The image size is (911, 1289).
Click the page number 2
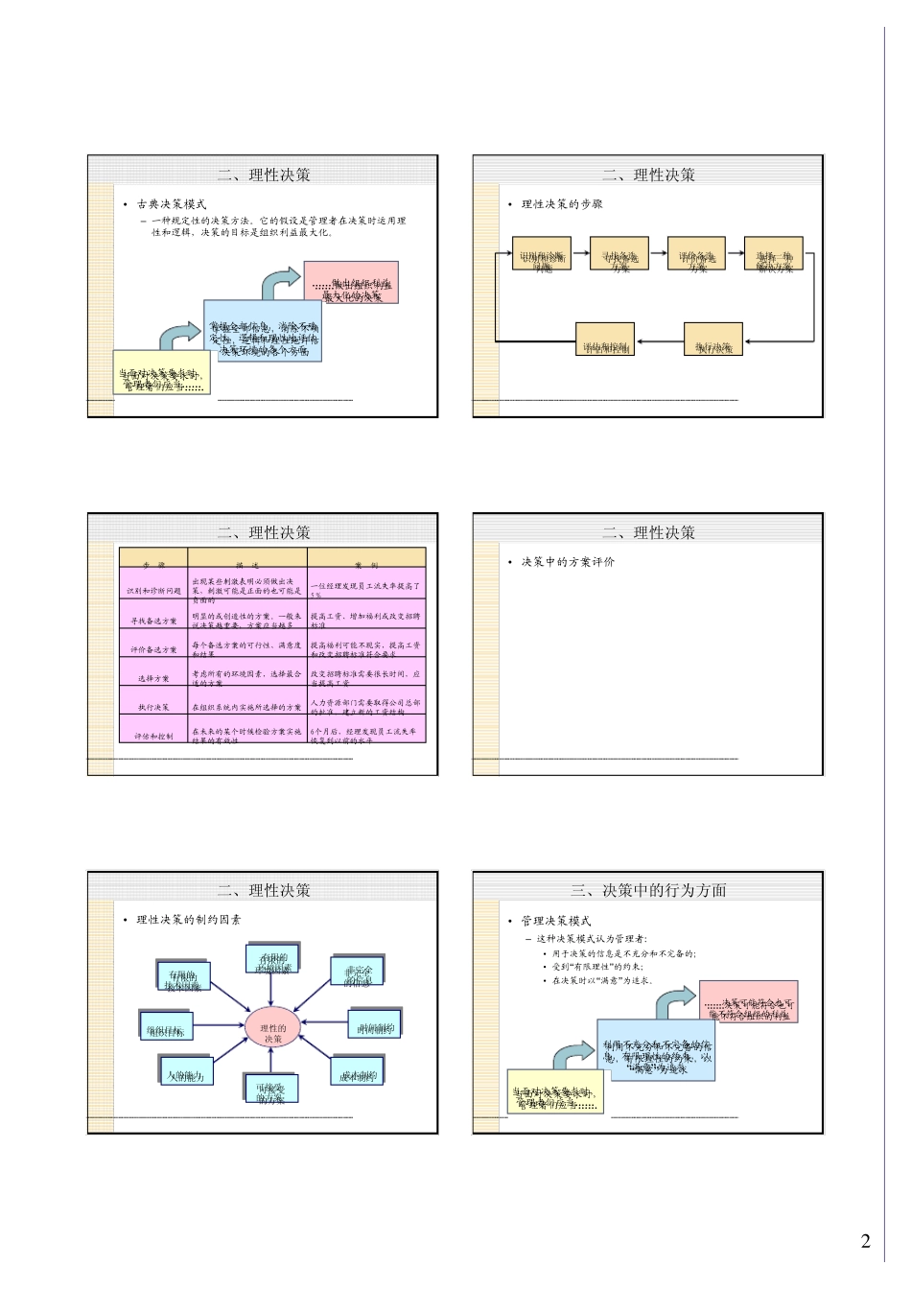tap(866, 1241)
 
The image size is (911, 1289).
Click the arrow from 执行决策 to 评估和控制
tap(660, 340)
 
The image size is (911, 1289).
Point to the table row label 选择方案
tap(153, 678)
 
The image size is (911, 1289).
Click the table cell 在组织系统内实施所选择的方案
tap(246, 707)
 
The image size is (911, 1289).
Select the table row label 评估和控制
tap(153, 736)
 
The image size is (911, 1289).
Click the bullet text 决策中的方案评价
tap(568, 562)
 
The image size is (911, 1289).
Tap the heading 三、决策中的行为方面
tap(648, 890)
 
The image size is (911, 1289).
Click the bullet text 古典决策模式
tap(172, 204)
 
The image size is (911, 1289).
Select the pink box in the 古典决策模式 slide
tap(351, 283)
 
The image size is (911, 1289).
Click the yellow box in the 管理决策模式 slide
tap(554, 1093)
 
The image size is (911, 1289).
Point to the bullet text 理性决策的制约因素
tap(189, 920)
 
